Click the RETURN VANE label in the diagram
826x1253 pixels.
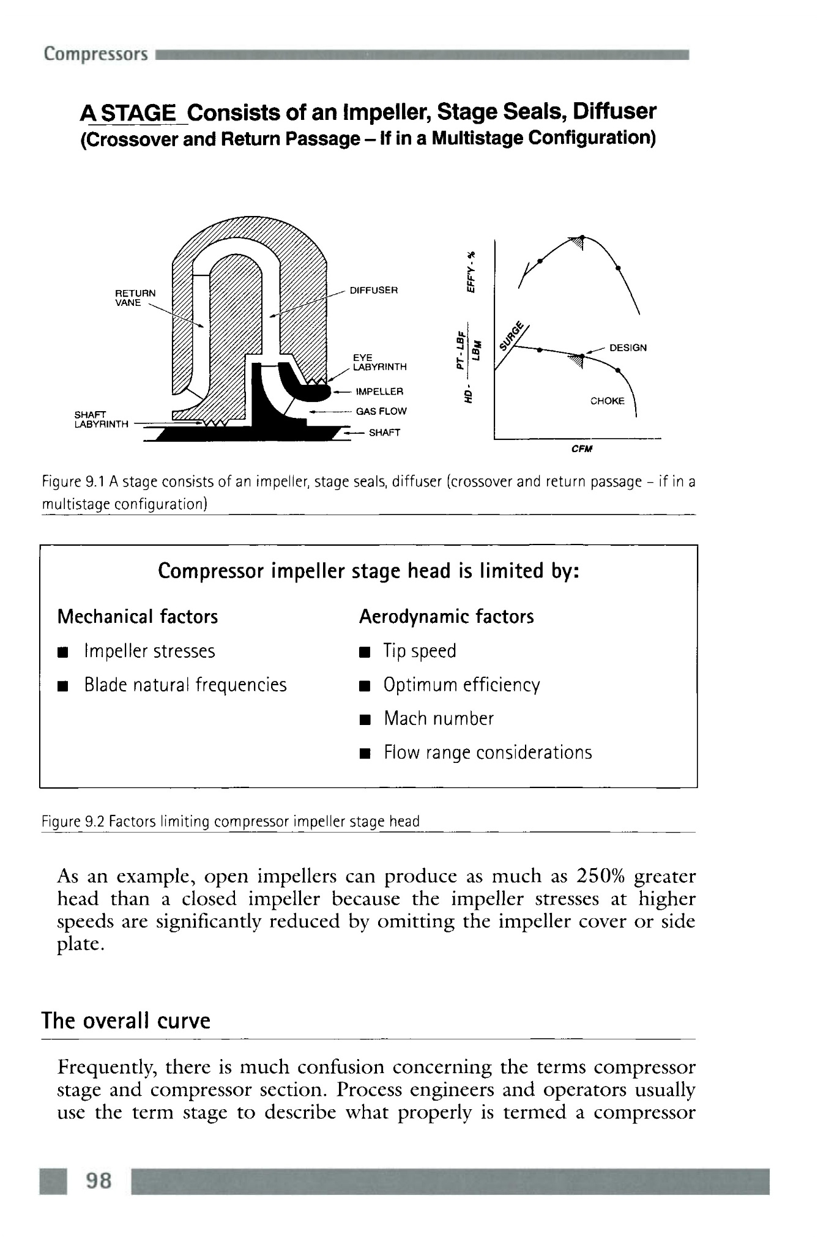coord(135,297)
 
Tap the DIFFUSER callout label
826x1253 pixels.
coord(373,290)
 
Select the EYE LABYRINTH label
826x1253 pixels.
coord(379,362)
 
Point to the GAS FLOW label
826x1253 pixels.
coord(381,411)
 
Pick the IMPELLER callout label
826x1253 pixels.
coord(379,391)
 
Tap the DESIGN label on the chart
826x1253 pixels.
coord(628,348)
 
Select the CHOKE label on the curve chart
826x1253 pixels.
coord(607,401)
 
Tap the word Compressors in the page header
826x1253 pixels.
coord(96,54)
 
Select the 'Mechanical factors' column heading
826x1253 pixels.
coord(138,616)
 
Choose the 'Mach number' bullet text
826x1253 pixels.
coord(438,718)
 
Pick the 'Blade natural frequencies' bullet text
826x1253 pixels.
coord(185,685)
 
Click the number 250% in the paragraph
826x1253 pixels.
coord(600,876)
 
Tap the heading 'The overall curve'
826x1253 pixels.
coord(126,1021)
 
